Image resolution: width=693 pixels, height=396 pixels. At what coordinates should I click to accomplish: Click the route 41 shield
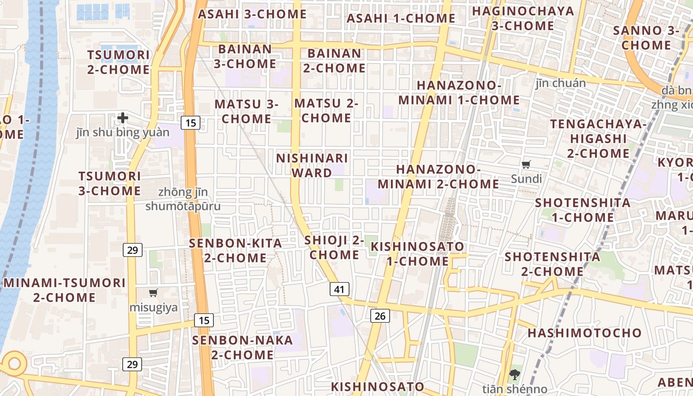339,289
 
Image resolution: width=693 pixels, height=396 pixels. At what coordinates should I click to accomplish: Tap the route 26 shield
380,315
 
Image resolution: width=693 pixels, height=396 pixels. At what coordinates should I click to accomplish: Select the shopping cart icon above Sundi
526,165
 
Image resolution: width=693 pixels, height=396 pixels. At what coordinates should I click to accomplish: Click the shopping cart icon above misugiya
153,293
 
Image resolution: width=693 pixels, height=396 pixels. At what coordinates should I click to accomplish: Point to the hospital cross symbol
123,118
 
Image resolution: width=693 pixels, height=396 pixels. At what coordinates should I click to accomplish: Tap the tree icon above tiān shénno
515,375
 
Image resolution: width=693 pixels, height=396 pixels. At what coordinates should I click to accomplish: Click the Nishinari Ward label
312,165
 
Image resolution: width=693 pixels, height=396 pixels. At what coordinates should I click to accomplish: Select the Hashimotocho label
584,333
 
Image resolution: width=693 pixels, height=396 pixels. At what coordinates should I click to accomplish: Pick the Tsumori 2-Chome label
118,62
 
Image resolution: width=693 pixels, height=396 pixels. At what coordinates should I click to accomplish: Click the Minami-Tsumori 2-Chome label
64,290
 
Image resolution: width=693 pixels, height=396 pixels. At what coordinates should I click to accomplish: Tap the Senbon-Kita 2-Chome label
236,250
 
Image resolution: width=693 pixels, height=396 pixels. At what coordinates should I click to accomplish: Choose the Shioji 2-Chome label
334,247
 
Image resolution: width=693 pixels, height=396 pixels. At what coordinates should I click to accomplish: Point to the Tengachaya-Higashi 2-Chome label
598,139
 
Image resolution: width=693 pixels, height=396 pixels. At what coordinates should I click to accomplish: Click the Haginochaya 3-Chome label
523,18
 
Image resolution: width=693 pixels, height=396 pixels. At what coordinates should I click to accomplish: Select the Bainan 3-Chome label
245,56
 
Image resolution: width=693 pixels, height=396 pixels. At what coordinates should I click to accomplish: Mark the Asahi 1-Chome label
400,18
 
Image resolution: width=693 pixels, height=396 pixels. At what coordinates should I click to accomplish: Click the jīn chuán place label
560,83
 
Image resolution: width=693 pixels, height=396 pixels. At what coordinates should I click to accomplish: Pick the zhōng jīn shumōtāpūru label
183,199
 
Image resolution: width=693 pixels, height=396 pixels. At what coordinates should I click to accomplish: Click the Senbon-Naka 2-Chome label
242,347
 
